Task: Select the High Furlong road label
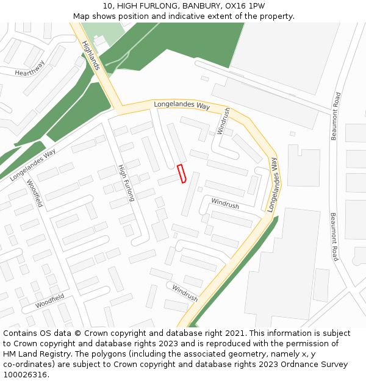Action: [x=126, y=182]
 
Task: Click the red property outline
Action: [x=181, y=174]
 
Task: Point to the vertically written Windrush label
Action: [x=224, y=121]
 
